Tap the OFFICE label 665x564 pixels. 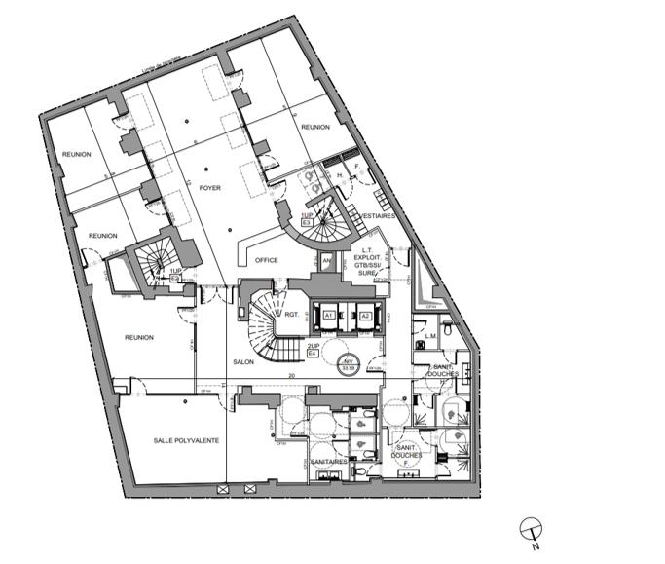266,260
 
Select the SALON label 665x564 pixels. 243,361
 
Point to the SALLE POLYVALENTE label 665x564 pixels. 186,440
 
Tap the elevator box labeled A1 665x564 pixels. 330,317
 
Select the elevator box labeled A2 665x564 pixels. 365,317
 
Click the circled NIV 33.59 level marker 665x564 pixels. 348,366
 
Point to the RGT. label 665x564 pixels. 290,314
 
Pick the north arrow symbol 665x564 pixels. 531,528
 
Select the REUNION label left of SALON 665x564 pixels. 139,337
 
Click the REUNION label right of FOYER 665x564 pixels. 316,128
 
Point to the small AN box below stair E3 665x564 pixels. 326,260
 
